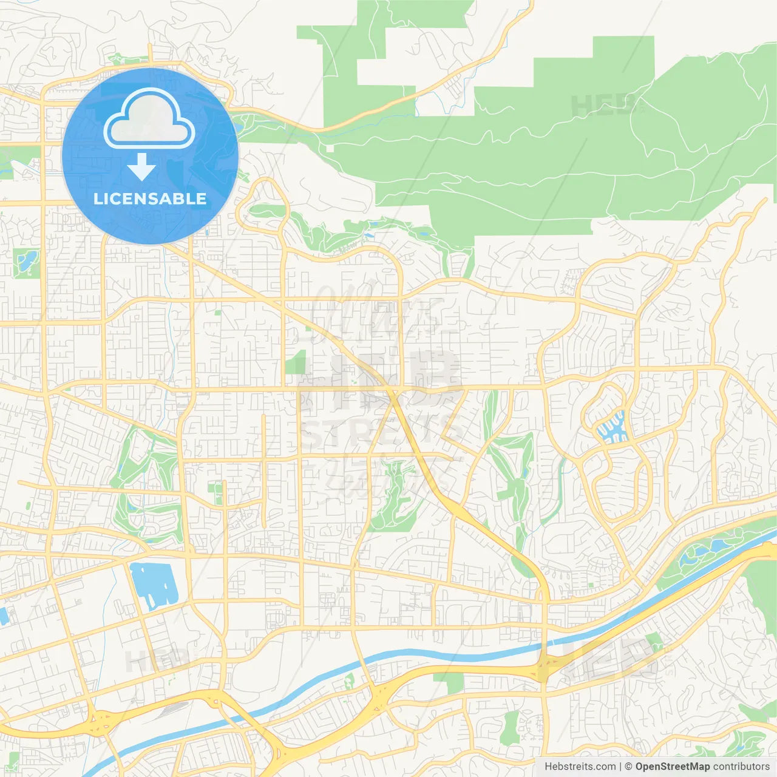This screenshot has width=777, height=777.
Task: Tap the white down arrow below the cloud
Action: click(x=141, y=167)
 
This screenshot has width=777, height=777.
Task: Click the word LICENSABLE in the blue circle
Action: click(x=150, y=198)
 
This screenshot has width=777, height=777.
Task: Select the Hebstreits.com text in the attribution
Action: click(x=580, y=766)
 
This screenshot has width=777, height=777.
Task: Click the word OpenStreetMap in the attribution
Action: click(x=672, y=766)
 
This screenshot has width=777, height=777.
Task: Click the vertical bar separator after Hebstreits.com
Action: click(x=620, y=766)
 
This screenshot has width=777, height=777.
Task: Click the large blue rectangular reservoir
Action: click(x=154, y=586)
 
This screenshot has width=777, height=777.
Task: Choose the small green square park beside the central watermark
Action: click(x=296, y=363)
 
